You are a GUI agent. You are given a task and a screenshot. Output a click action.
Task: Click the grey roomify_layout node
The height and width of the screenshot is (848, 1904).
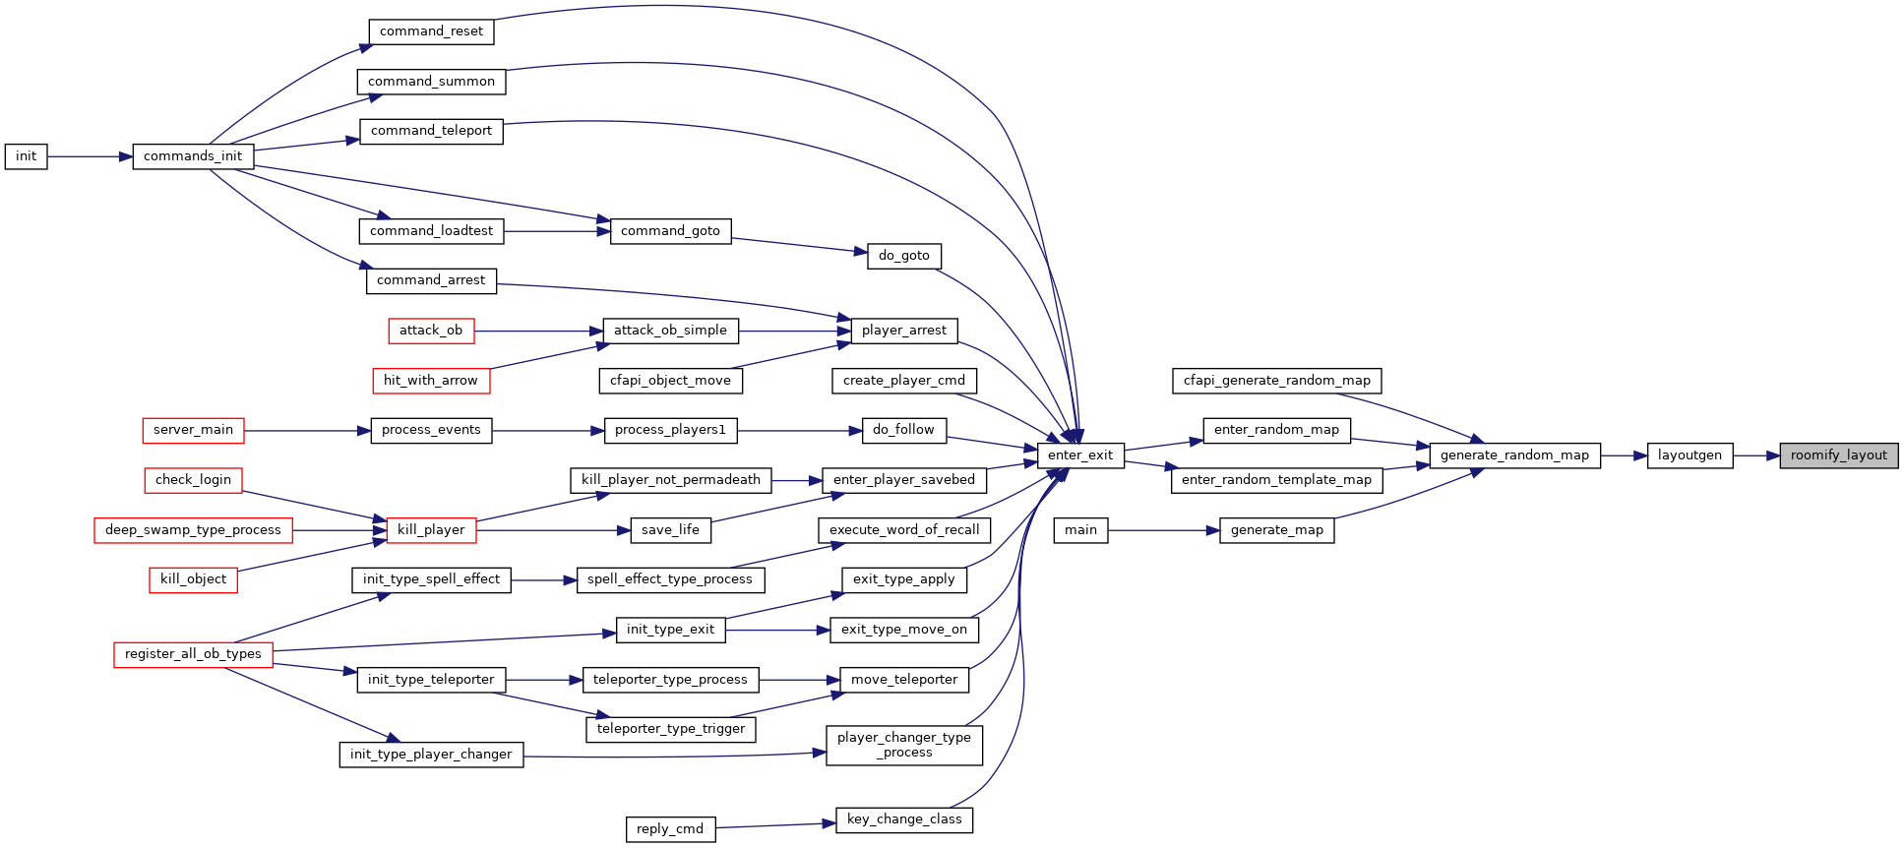click(1838, 455)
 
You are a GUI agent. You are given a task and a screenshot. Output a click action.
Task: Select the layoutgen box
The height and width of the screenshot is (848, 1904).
click(1689, 455)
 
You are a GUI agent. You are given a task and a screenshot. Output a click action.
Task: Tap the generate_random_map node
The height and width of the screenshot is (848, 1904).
click(1514, 455)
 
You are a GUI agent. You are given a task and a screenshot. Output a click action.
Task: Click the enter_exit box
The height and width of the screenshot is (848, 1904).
click(1080, 455)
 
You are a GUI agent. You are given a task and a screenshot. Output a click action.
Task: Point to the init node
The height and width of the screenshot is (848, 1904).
click(26, 156)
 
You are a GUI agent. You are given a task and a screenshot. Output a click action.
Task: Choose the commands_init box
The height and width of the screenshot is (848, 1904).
click(193, 156)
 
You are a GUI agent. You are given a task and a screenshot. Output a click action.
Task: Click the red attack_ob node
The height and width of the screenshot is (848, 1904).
click(431, 331)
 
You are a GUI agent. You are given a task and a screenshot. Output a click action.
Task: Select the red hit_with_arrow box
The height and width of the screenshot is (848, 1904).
click(431, 381)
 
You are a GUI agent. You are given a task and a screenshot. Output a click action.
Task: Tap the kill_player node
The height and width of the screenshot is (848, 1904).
click(431, 530)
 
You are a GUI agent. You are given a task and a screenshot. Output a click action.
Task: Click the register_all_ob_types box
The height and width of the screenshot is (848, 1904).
click(193, 654)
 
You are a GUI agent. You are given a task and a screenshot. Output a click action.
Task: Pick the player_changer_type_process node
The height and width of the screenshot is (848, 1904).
click(904, 745)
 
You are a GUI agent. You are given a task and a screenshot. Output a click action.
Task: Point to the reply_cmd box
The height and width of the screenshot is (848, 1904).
click(670, 829)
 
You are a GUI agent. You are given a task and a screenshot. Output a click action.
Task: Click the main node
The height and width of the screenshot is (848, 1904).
click(1080, 530)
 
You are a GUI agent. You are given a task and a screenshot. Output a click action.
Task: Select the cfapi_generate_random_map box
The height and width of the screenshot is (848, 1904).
click(1277, 381)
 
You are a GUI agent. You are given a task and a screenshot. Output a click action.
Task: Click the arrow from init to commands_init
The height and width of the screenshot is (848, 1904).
click(90, 156)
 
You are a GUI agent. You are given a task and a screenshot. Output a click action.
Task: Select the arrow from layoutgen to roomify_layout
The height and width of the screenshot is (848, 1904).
click(1756, 455)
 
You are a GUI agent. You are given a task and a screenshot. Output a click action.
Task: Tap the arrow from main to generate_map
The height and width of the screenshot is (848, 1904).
click(1163, 530)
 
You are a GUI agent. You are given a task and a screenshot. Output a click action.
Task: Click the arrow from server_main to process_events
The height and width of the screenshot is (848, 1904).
click(308, 431)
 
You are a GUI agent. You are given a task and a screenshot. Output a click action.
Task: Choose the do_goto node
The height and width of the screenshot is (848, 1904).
click(904, 256)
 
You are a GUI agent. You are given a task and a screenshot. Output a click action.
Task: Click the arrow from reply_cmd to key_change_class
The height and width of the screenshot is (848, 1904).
click(775, 825)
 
